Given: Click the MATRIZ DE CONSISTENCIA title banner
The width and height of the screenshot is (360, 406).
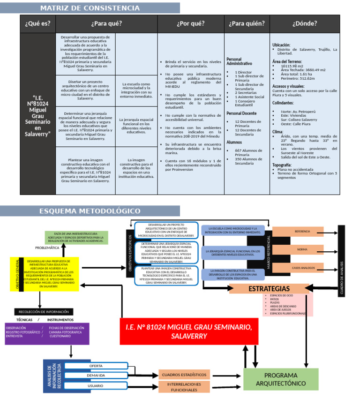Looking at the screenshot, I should click(90, 8).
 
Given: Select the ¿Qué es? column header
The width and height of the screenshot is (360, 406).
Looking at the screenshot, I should click(37, 23).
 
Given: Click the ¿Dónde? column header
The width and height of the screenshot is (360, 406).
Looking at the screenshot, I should click(305, 23).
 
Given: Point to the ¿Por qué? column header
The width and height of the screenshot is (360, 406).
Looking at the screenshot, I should click(190, 23).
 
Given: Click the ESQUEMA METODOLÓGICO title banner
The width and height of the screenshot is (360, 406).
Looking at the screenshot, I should click(90, 211).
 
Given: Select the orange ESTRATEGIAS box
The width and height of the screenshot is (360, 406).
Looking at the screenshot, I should click(269, 288).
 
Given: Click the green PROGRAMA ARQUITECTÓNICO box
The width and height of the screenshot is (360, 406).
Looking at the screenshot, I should click(281, 379).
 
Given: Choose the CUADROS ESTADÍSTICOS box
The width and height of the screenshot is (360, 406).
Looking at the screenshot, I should click(184, 375).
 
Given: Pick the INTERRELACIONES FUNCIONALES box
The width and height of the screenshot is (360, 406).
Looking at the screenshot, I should click(184, 387).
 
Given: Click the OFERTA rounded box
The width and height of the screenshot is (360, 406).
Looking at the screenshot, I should click(96, 366).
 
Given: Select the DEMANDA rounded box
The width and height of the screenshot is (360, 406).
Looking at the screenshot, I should click(96, 376).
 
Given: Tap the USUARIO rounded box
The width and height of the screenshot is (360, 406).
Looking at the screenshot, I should click(96, 385).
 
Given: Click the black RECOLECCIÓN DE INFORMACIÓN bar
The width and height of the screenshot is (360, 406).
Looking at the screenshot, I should click(44, 312).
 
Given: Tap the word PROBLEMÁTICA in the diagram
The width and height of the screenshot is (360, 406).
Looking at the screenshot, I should click(47, 248).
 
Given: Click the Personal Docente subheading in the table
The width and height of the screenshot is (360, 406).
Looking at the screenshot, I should click(241, 113).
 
